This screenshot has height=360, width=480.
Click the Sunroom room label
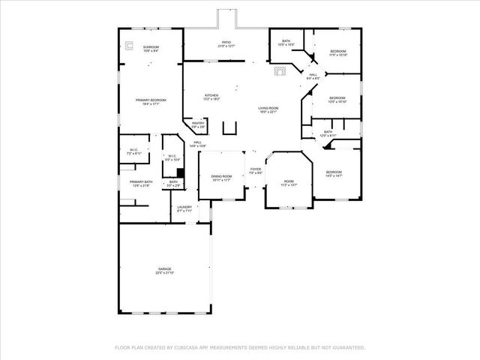[151, 48]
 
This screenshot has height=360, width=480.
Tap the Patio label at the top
[226, 43]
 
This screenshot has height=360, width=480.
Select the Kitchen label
[212, 95]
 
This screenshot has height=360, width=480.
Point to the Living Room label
[268, 109]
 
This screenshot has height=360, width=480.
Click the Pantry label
[198, 123]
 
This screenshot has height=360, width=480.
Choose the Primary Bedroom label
[151, 100]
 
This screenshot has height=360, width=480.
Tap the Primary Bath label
[141, 182]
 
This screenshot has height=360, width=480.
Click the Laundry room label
[184, 208]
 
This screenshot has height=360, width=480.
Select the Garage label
[165, 268]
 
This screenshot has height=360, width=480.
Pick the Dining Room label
[221, 176]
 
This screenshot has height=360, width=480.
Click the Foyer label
[256, 169]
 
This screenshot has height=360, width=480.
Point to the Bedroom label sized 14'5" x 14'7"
[334, 172]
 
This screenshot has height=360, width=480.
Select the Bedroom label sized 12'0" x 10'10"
[337, 98]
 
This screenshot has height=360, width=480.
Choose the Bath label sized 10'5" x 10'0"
[286, 41]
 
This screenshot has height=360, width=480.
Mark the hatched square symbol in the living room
[280, 72]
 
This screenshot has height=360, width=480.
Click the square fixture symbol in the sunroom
[128, 43]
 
